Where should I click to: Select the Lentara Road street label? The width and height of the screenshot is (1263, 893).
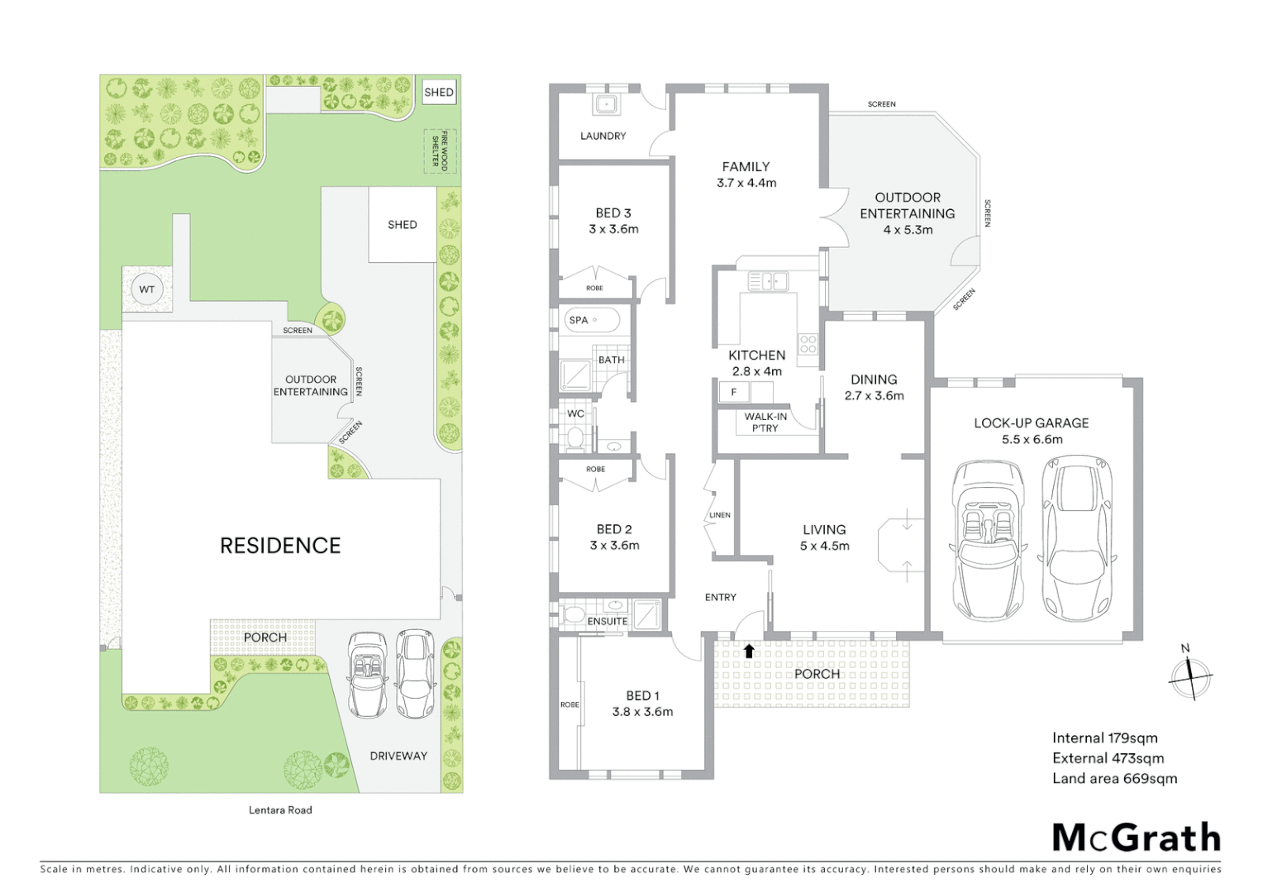coord(280,809)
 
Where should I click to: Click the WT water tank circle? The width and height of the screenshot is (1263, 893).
coord(146,289)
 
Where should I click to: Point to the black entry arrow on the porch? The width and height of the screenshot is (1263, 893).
coord(749,651)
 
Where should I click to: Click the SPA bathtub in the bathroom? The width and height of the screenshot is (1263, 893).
coord(593,320)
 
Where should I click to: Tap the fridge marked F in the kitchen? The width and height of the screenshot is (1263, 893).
coord(733,392)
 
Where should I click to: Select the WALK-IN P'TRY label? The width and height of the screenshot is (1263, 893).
coord(765,423)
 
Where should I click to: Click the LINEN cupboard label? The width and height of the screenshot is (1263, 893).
coord(719,515)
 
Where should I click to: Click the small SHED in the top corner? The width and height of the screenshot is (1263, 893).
coord(438,93)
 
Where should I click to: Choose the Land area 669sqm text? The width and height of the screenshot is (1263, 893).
coord(1114,778)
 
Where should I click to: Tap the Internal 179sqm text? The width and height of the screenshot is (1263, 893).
coord(1104,738)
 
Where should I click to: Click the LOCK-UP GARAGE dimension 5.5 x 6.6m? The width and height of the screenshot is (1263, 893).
coord(1032,440)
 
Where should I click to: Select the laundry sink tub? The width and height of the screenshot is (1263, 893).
coord(605,104)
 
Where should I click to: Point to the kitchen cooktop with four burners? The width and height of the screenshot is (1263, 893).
coord(808,344)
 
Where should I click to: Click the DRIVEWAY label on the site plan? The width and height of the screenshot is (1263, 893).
coord(398,756)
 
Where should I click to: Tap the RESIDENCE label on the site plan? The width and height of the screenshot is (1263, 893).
coord(280,546)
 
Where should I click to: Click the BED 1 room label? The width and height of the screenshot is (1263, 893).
coord(642,696)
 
